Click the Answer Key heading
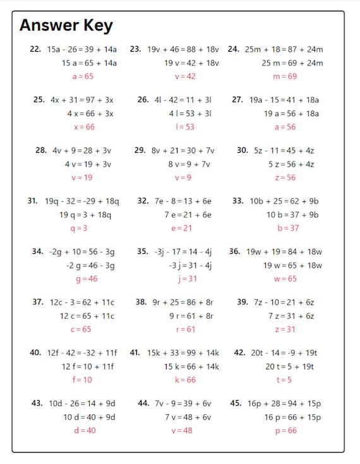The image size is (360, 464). click(66, 25)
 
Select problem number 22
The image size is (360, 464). click(35, 49)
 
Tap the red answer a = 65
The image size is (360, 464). click(83, 76)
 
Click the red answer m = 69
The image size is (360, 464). click(284, 76)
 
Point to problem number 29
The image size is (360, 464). click(140, 150)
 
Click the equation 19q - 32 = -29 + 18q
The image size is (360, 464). click(82, 201)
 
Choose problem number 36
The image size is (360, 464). click(234, 251)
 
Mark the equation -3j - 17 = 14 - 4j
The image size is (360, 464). click(183, 251)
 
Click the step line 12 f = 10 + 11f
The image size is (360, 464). click(89, 366)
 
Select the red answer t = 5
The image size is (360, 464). click(284, 379)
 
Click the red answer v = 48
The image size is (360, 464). click(181, 430)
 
